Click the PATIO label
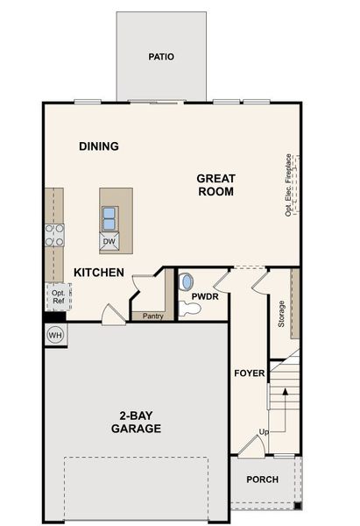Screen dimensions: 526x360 tap(161, 57)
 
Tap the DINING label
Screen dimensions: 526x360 tap(98, 146)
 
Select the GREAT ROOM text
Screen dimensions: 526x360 tap(215, 184)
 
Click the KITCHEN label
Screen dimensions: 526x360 tap(98, 273)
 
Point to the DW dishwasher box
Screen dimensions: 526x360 tap(109, 241)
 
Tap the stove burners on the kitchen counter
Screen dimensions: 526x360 tap(55, 234)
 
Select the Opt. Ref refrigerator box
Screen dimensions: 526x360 tap(58, 296)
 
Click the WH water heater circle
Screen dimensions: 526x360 tap(54, 335)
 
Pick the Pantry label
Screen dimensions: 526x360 tap(152, 316)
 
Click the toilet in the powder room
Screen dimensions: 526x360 tap(187, 283)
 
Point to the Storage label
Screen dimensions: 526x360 tap(281, 313)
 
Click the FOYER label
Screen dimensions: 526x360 tap(249, 373)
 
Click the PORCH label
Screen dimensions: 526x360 tap(262, 480)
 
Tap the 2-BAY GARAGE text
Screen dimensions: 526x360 tap(136, 422)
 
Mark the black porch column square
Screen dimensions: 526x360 tap(298, 505)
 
